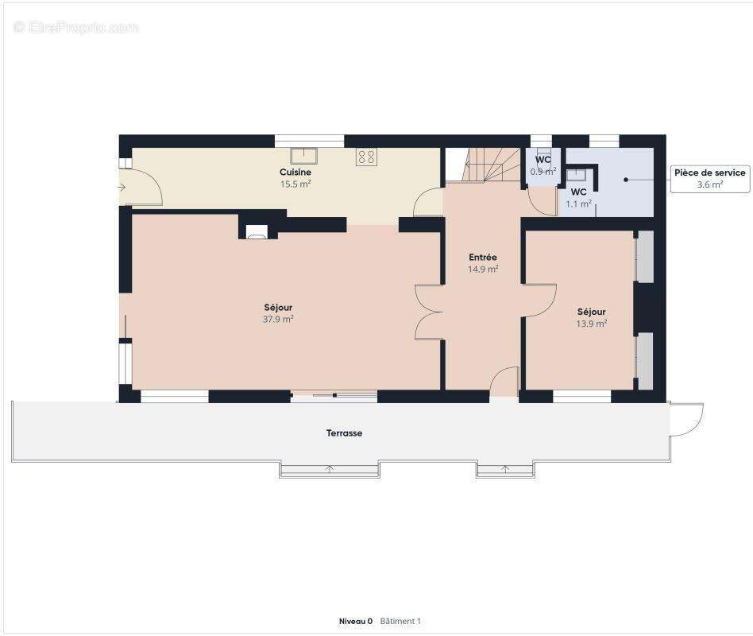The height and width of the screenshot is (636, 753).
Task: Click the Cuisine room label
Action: coord(295,173)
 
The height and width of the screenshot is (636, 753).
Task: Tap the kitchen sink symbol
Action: coord(303,156)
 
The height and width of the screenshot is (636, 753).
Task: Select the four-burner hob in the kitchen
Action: coord(366,157)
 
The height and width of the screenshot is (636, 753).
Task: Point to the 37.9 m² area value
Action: coord(279,320)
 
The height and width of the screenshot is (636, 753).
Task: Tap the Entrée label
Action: coord(482,258)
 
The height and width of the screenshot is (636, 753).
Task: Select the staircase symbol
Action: coord(485,165)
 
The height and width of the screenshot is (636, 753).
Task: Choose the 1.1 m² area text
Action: coord(578,204)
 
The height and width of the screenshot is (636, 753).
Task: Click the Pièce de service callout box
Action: coord(709,178)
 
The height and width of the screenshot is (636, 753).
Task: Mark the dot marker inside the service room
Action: coord(626,180)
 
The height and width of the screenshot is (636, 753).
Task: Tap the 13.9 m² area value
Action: coord(591,324)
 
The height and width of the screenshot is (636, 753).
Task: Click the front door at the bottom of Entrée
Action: coord(504,382)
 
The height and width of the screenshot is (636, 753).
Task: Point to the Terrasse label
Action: coord(344,433)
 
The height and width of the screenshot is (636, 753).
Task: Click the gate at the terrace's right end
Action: coord(686,419)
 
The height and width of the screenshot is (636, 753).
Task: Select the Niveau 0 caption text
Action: coord(355,621)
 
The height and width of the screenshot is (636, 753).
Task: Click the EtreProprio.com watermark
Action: coord(75,28)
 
